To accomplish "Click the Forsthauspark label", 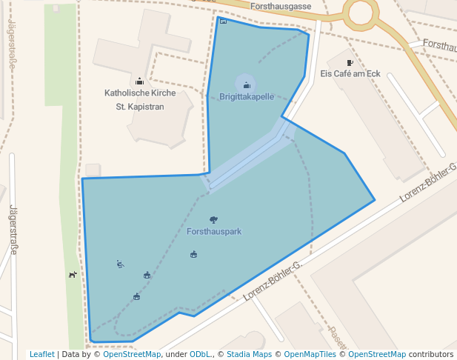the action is click(214, 232).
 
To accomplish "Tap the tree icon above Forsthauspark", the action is click(214, 220).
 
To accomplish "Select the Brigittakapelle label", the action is click(247, 97).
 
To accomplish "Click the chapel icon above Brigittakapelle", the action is click(247, 85).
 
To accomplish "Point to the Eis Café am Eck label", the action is click(350, 74).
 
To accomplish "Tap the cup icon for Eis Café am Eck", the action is click(350, 63).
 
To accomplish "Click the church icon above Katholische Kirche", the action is click(139, 81).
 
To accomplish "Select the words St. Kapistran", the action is click(139, 107).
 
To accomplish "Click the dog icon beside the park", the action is click(73, 275).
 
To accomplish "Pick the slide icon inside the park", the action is click(120, 264).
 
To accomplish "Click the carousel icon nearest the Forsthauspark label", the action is click(193, 255).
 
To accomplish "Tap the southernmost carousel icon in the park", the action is click(136, 297).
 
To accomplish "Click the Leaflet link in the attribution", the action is click(42, 354).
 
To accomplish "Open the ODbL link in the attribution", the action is click(200, 354).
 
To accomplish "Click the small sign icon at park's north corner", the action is click(223, 21).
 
